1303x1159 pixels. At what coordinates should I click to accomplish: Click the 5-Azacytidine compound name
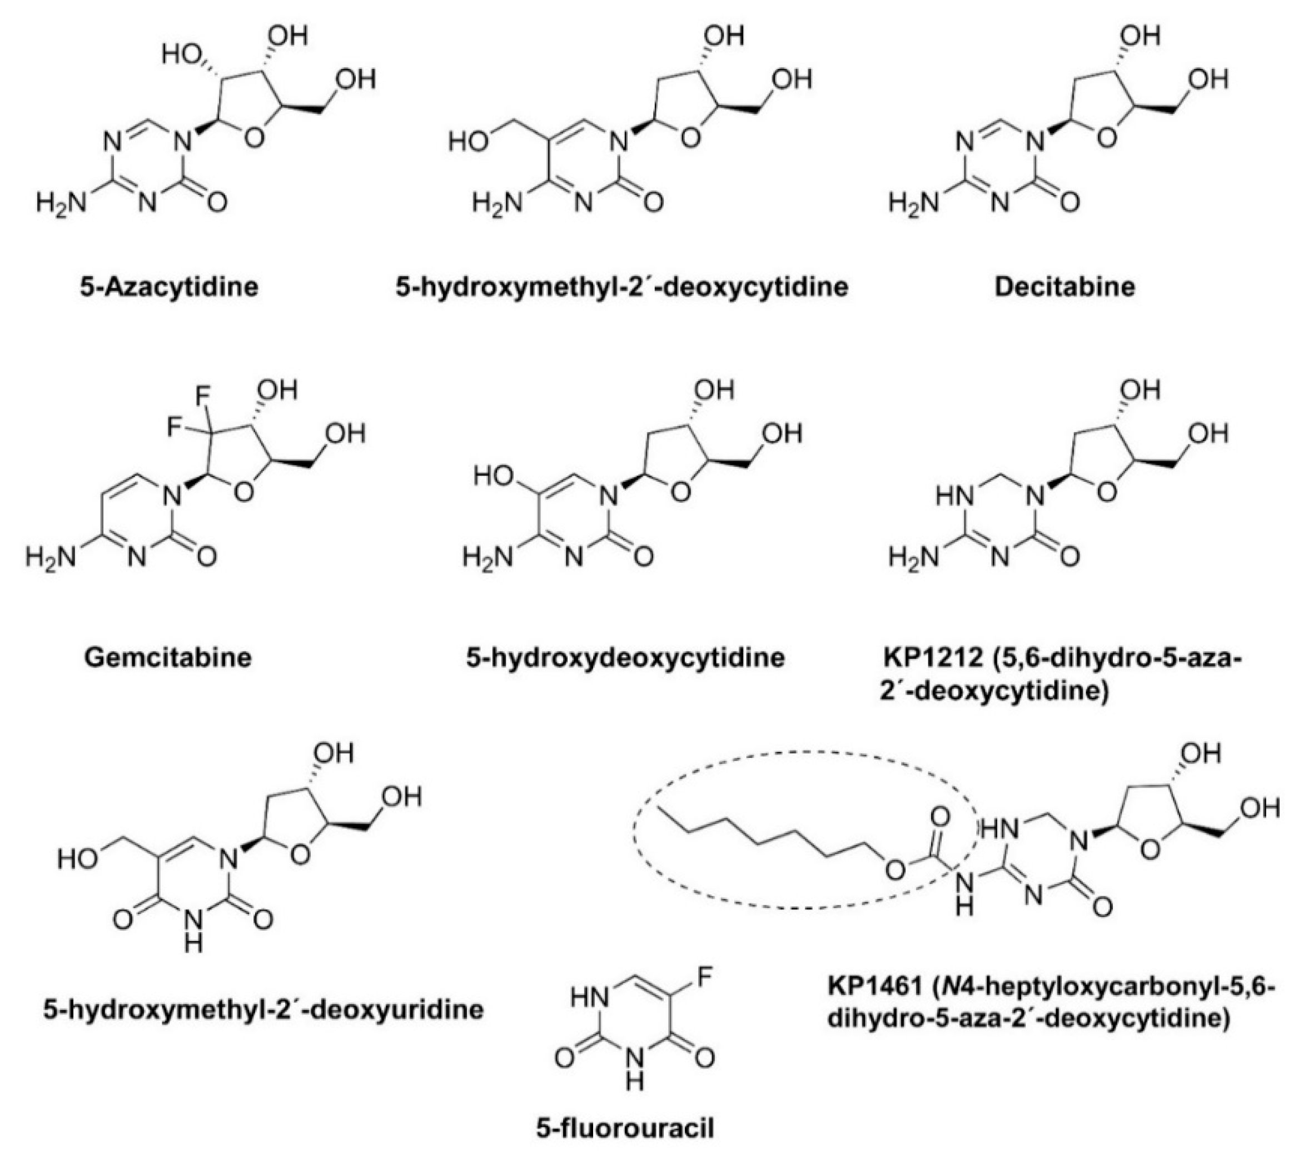169,287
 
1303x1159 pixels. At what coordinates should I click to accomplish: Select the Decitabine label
1065,287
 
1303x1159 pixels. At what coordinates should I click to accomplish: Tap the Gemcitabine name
168,657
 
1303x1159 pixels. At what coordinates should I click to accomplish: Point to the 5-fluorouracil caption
625,1128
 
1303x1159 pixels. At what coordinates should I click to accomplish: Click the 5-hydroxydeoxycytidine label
625,657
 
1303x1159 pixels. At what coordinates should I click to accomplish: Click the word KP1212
931,657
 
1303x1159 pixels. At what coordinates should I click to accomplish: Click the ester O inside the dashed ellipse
895,871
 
